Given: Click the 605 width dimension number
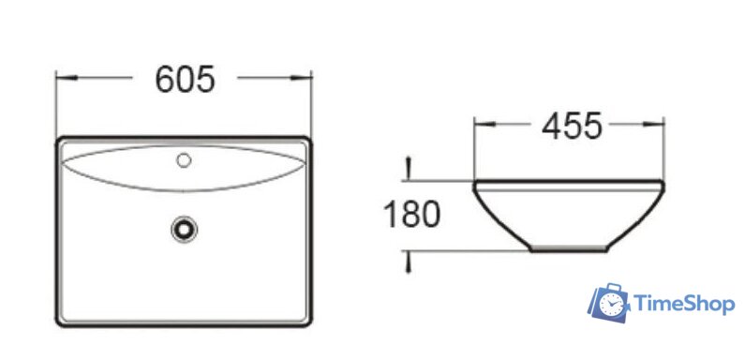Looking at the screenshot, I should pos(185,80).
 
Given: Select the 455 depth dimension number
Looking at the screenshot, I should pos(572,125).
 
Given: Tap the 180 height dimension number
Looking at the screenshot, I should pos(411,216).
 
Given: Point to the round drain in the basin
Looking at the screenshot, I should pos(184,226).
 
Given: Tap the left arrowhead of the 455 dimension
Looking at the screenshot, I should pos(479,124).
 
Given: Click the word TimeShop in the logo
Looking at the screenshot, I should pos(684,304).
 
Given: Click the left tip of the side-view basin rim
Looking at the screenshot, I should pos(473,183).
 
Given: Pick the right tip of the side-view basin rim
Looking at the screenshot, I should pos(664,183).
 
